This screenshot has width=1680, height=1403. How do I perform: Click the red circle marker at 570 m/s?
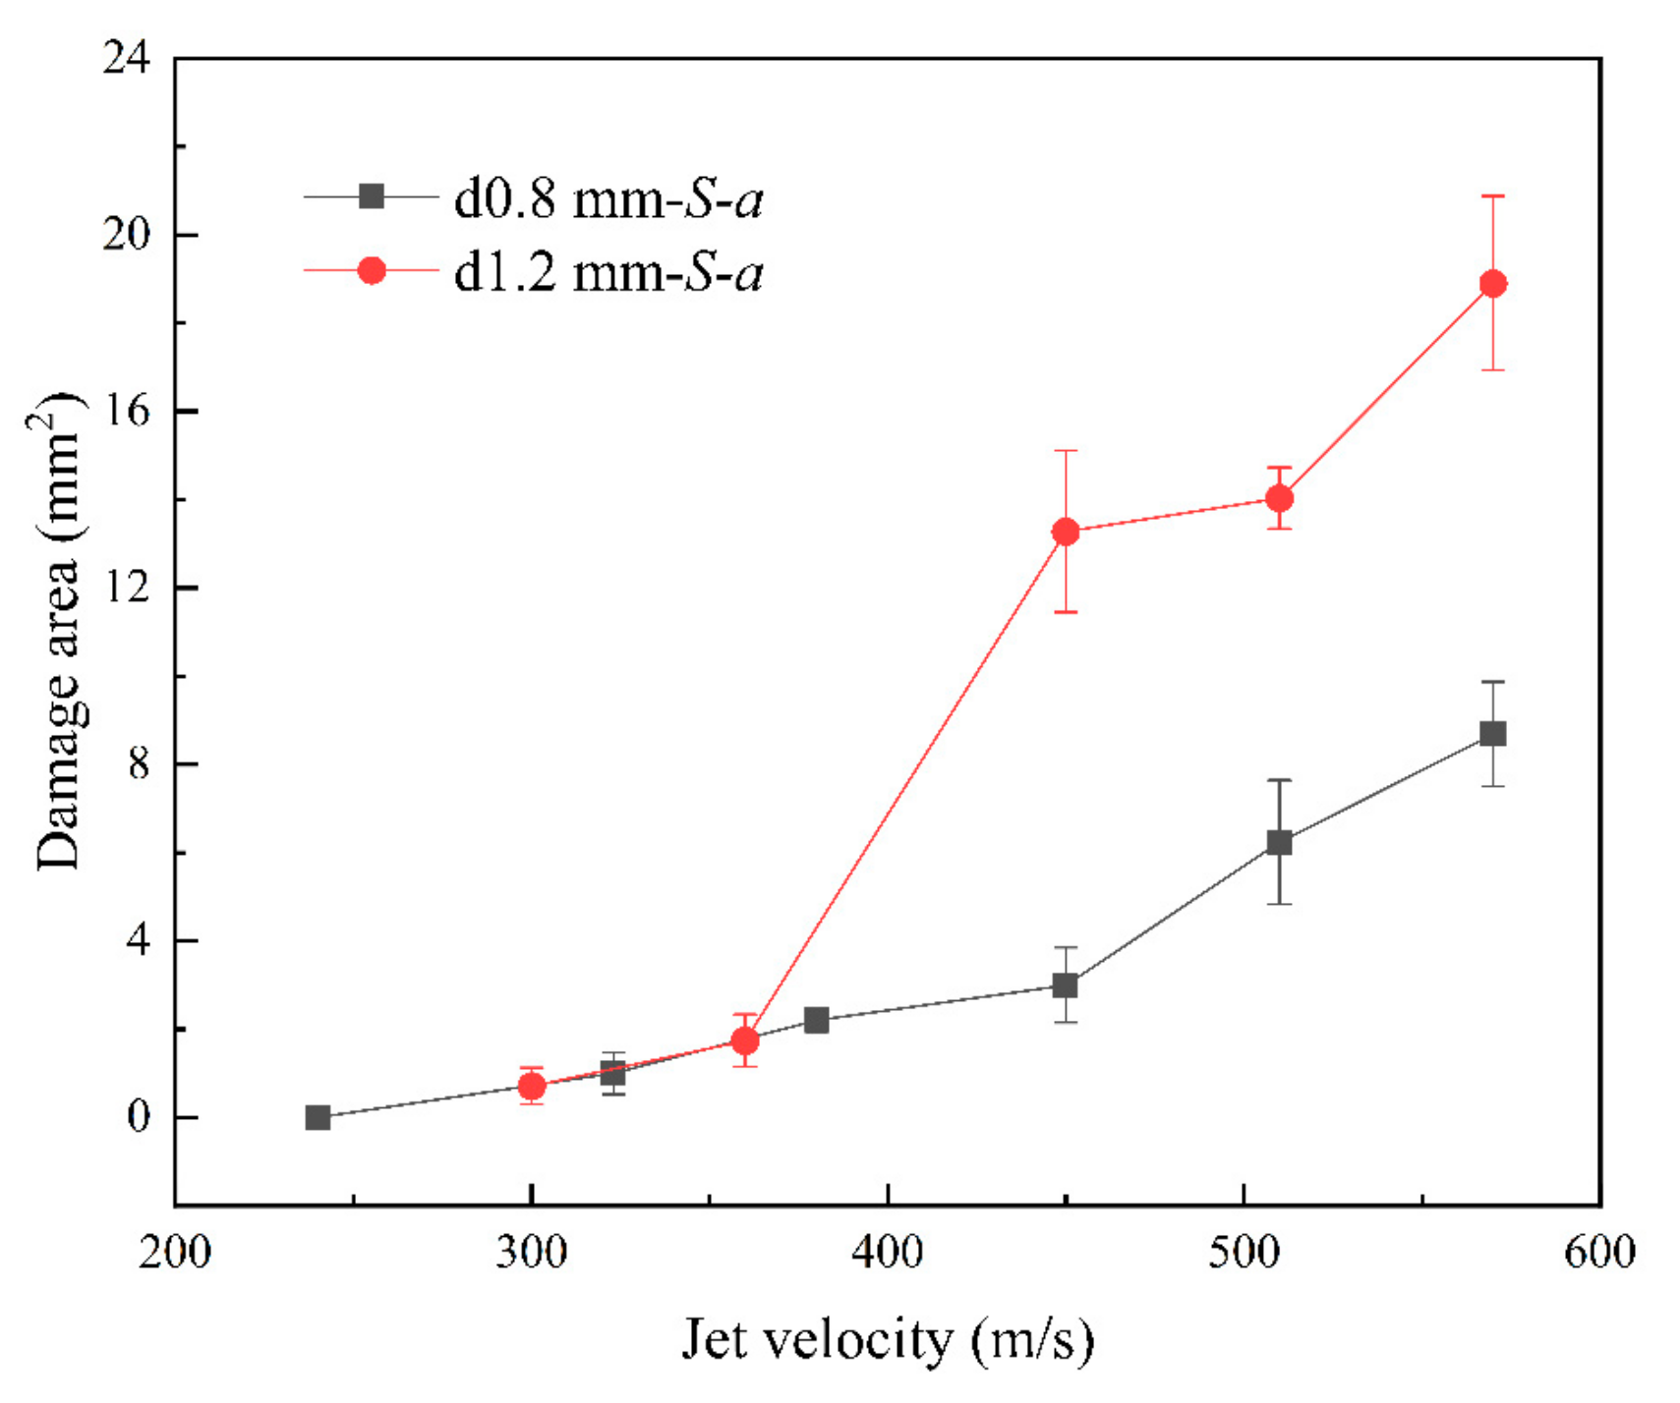[x=1492, y=284]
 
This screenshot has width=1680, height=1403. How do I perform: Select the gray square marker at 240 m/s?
[x=318, y=1117]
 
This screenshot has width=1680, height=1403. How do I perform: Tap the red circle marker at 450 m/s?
[x=1066, y=532]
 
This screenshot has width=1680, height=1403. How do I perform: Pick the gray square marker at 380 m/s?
[x=816, y=1020]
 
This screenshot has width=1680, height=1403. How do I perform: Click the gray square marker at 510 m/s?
[x=1279, y=842]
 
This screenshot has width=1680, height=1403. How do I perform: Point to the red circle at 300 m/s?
[x=532, y=1086]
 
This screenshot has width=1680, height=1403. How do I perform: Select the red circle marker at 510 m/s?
[x=1279, y=498]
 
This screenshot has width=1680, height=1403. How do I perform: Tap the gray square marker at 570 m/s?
[x=1492, y=734]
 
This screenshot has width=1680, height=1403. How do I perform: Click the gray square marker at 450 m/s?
[x=1066, y=984]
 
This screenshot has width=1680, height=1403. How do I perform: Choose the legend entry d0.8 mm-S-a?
[x=608, y=198]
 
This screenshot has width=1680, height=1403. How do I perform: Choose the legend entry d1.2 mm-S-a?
[x=608, y=272]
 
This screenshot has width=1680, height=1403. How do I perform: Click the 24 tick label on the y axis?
[x=126, y=59]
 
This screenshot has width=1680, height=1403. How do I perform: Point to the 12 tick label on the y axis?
[x=126, y=588]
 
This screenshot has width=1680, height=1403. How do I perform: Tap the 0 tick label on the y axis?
[x=138, y=1117]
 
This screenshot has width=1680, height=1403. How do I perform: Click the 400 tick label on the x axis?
[x=887, y=1253]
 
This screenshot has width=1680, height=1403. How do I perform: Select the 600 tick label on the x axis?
[x=1599, y=1253]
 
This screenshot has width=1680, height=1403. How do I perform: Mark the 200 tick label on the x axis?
[x=175, y=1253]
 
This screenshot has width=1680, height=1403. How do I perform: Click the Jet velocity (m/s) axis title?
[x=887, y=1339]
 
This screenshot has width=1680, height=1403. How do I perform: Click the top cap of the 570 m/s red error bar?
[x=1492, y=196]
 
